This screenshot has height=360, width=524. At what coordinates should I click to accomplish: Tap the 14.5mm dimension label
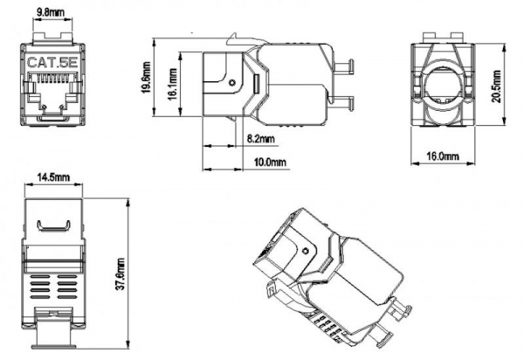pos(48,177)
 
